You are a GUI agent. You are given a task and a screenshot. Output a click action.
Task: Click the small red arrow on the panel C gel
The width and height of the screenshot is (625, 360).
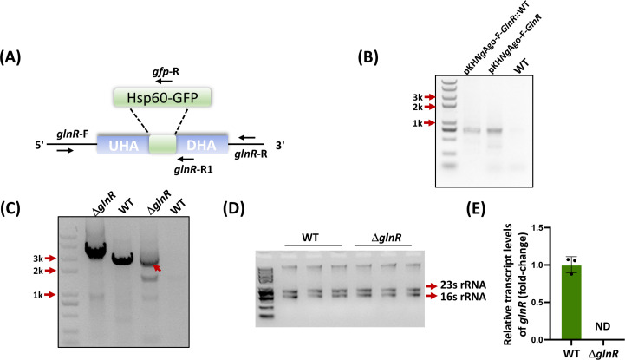pos(157,268)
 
